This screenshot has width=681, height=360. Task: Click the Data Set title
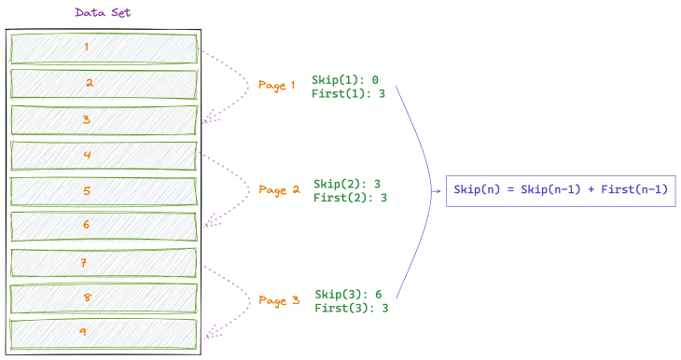[x=104, y=13]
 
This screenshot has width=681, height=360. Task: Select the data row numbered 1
[x=104, y=48]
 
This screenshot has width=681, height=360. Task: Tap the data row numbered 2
[x=104, y=83]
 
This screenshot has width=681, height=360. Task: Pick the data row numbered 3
[x=104, y=119]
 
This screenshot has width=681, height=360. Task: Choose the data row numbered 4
[x=104, y=155]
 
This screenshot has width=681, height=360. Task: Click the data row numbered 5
[x=104, y=191]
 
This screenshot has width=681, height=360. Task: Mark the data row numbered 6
[x=104, y=226]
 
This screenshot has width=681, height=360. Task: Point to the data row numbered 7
[x=104, y=263]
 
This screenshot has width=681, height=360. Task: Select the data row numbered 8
[x=104, y=298]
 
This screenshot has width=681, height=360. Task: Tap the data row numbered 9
[x=104, y=333]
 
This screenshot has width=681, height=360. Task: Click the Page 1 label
[x=276, y=85]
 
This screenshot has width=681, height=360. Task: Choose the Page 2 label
[x=279, y=189]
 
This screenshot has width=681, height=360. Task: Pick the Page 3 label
[x=279, y=300]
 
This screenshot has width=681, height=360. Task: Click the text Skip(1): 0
[x=345, y=79]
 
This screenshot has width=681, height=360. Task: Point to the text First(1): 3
[x=348, y=93]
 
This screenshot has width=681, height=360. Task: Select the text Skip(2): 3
[x=347, y=184]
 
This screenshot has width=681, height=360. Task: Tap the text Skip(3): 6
[x=348, y=294]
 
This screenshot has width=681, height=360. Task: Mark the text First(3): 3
[x=351, y=308]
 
